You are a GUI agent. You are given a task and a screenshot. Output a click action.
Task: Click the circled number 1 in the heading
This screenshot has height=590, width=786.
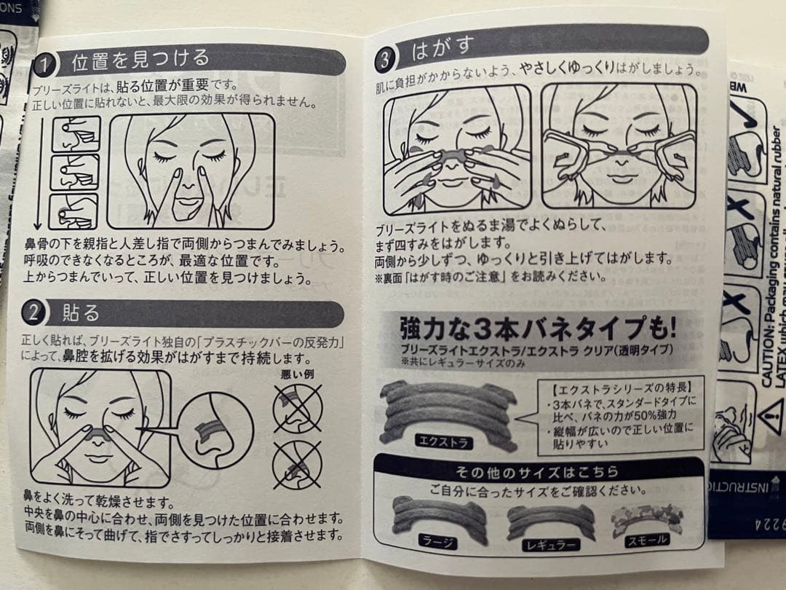46,64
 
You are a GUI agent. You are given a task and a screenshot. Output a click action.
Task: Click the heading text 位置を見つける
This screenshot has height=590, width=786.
140,60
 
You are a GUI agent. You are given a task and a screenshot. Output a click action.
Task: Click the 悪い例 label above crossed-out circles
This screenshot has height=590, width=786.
297,374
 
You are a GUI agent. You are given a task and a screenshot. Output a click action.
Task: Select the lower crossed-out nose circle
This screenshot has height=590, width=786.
297,464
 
